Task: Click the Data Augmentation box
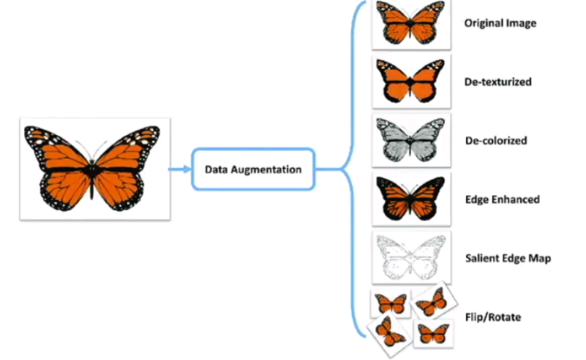pyautogui.click(x=253, y=169)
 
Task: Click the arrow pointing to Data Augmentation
pyautogui.click(x=180, y=169)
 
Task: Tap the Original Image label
pyautogui.click(x=500, y=23)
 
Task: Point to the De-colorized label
pyautogui.click(x=495, y=140)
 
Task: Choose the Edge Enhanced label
pyautogui.click(x=501, y=199)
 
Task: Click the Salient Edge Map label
pyautogui.click(x=507, y=258)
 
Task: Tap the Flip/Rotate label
pyautogui.click(x=492, y=317)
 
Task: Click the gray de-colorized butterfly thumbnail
pyautogui.click(x=411, y=140)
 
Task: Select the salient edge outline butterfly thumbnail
pyautogui.click(x=411, y=257)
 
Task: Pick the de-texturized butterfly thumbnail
pyautogui.click(x=411, y=82)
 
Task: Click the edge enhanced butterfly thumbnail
pyautogui.click(x=411, y=199)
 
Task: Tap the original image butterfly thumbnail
pyautogui.click(x=411, y=23)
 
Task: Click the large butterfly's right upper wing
pyautogui.click(x=128, y=150)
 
